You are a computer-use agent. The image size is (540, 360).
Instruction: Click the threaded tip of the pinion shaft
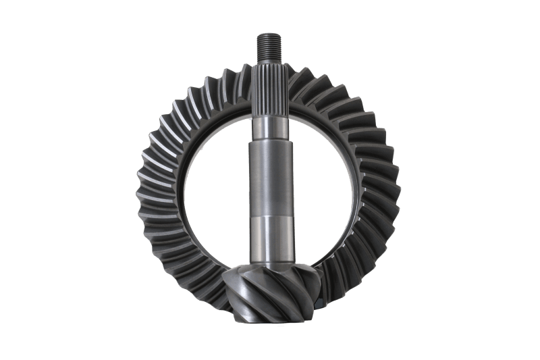269,46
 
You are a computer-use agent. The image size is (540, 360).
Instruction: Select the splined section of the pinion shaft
269,88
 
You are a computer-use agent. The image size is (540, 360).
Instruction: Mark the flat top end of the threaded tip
269,34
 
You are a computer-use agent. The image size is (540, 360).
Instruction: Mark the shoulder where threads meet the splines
269,61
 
